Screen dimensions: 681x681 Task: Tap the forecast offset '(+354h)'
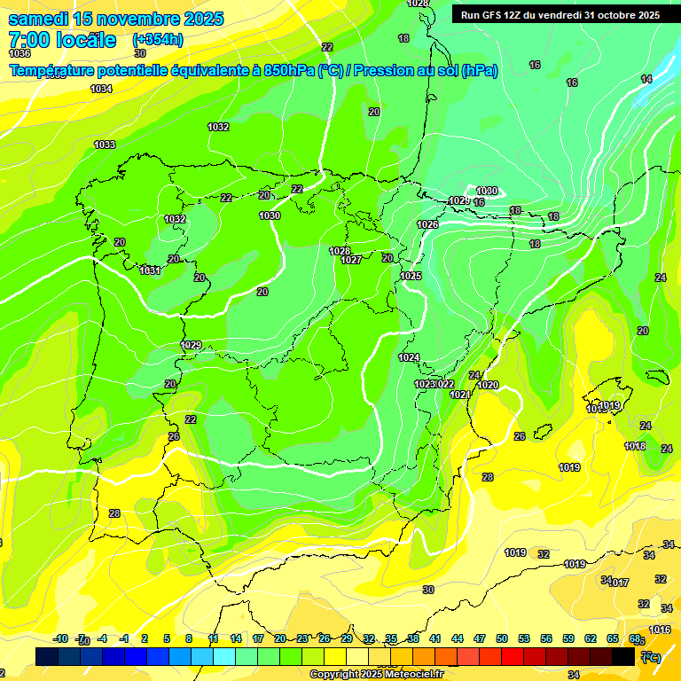click(157, 39)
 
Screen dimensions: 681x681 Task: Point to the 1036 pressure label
click(20, 53)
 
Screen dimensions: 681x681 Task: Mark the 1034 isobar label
click(102, 89)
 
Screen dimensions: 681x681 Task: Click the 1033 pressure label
click(105, 145)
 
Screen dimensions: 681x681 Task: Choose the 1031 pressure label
click(150, 270)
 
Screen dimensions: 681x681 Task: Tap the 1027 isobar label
click(351, 260)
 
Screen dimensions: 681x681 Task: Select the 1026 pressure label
click(427, 224)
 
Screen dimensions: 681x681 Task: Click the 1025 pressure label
click(411, 276)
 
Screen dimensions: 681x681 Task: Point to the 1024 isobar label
click(409, 357)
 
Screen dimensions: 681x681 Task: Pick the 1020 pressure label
click(488, 385)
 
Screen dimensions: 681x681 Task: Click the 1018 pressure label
click(635, 446)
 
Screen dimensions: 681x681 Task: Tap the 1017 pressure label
click(619, 583)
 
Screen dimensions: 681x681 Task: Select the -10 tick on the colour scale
click(61, 638)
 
